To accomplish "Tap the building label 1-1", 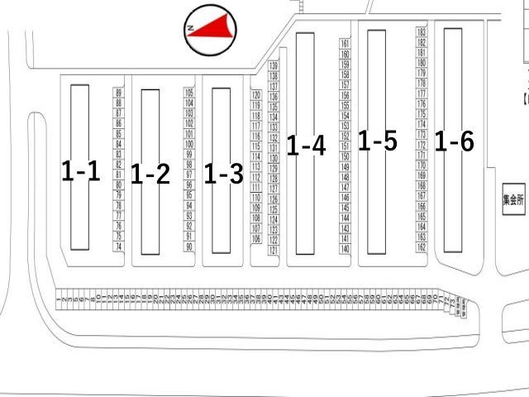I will (x=80, y=171).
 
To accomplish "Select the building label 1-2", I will (x=150, y=175).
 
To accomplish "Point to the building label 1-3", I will (x=223, y=175).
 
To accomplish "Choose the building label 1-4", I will (x=306, y=146).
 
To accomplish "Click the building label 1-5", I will (x=377, y=141).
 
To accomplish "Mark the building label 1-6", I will (x=454, y=142).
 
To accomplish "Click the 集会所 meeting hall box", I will (x=513, y=199).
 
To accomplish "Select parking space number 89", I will (x=119, y=93).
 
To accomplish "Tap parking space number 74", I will (x=119, y=246).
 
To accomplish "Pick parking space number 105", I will (x=189, y=93).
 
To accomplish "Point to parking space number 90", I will (x=189, y=246).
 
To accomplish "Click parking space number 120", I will (x=256, y=96).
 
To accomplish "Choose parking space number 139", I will (x=274, y=65).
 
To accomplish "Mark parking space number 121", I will (x=274, y=250).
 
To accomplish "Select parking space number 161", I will (x=345, y=43).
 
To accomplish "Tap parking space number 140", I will (x=345, y=248).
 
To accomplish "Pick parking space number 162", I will (x=422, y=246).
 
